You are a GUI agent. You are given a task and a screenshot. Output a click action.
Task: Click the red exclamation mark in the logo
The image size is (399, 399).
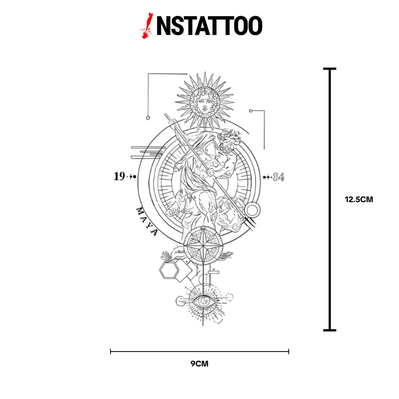coord(147,26)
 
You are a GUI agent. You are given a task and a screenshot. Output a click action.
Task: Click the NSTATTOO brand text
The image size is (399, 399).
coord(209,26)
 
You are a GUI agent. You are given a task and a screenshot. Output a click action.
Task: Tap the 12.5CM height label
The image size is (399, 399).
coord(359,199)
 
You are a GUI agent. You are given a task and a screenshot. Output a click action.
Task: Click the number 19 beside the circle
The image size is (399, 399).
coord(119,177)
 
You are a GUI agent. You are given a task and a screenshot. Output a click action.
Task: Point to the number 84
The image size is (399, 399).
coord(279,177)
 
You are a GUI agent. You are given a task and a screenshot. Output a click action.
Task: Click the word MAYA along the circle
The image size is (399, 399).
coord(146,221)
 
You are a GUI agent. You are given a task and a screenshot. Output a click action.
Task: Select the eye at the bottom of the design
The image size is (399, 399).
coord(203,301)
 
